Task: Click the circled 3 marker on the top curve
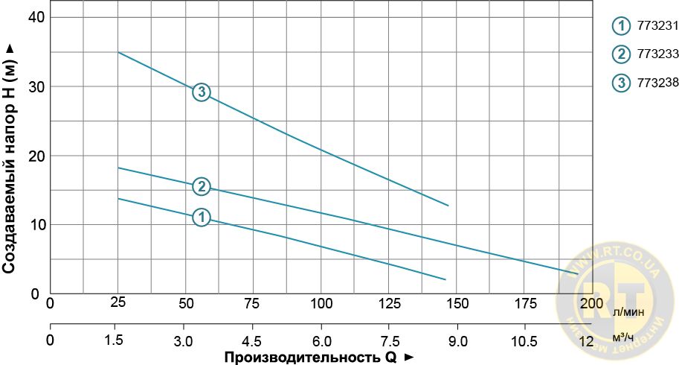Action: coord(201,92)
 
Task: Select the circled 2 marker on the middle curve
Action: coord(201,186)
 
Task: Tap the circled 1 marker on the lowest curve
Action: coord(201,218)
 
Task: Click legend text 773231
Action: coord(657,27)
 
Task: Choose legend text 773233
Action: coord(657,54)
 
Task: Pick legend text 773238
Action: coord(657,83)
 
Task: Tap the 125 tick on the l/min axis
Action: coord(389,303)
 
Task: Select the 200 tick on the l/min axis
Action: coord(592,303)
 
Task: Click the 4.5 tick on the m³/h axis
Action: coord(253,340)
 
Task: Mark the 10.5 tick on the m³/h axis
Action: coord(524,340)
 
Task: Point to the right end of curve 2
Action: coord(577,274)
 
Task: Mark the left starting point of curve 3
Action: coord(118,52)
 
